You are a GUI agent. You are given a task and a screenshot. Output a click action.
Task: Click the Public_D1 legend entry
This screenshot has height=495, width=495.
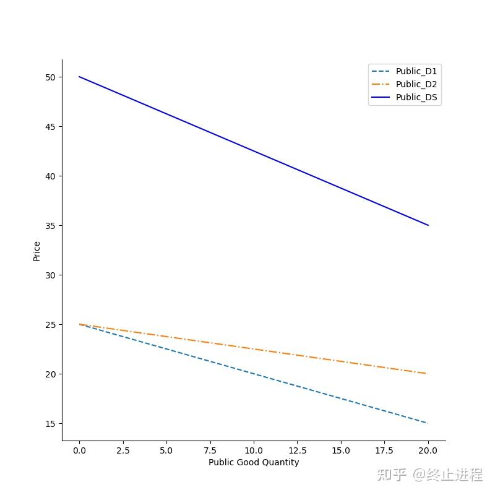(x=405, y=71)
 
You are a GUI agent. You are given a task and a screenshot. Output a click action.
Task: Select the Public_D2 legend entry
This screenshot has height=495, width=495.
(x=405, y=84)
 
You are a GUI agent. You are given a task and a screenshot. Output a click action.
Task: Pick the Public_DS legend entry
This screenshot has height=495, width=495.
(x=405, y=97)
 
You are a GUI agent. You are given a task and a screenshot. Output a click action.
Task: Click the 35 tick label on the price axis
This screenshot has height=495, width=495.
(x=50, y=226)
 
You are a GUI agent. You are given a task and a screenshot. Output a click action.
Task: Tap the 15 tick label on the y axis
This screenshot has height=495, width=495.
(x=50, y=424)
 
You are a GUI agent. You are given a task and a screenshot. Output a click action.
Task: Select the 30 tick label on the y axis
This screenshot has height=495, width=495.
(x=50, y=275)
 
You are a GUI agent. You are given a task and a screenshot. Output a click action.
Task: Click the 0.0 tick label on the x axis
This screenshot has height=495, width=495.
(x=79, y=450)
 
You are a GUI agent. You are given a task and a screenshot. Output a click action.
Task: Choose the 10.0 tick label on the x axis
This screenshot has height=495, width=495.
(x=254, y=450)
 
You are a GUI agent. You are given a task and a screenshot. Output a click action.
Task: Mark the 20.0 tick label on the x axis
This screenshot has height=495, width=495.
(x=428, y=450)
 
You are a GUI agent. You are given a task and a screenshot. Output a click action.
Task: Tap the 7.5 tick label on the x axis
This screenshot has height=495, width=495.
(x=210, y=450)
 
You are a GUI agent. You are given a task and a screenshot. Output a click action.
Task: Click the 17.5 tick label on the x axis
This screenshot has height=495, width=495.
(x=384, y=450)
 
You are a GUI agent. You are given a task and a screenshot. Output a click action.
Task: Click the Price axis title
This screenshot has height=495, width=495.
(x=37, y=251)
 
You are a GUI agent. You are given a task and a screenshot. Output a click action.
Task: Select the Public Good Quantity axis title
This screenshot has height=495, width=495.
(x=254, y=462)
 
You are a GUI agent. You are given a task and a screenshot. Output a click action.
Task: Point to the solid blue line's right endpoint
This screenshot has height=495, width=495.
(x=428, y=225)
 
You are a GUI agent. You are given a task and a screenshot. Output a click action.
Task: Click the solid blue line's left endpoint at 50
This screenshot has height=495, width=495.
(x=79, y=77)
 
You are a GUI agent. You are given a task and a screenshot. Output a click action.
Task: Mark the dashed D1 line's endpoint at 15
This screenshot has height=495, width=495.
(x=428, y=423)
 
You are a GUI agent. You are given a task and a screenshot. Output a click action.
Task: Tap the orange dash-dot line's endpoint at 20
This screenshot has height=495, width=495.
(x=428, y=374)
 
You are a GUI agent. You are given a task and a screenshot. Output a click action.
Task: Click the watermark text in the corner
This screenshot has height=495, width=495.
(x=430, y=475)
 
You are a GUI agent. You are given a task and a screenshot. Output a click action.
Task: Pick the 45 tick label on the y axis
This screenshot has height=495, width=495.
(x=50, y=127)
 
